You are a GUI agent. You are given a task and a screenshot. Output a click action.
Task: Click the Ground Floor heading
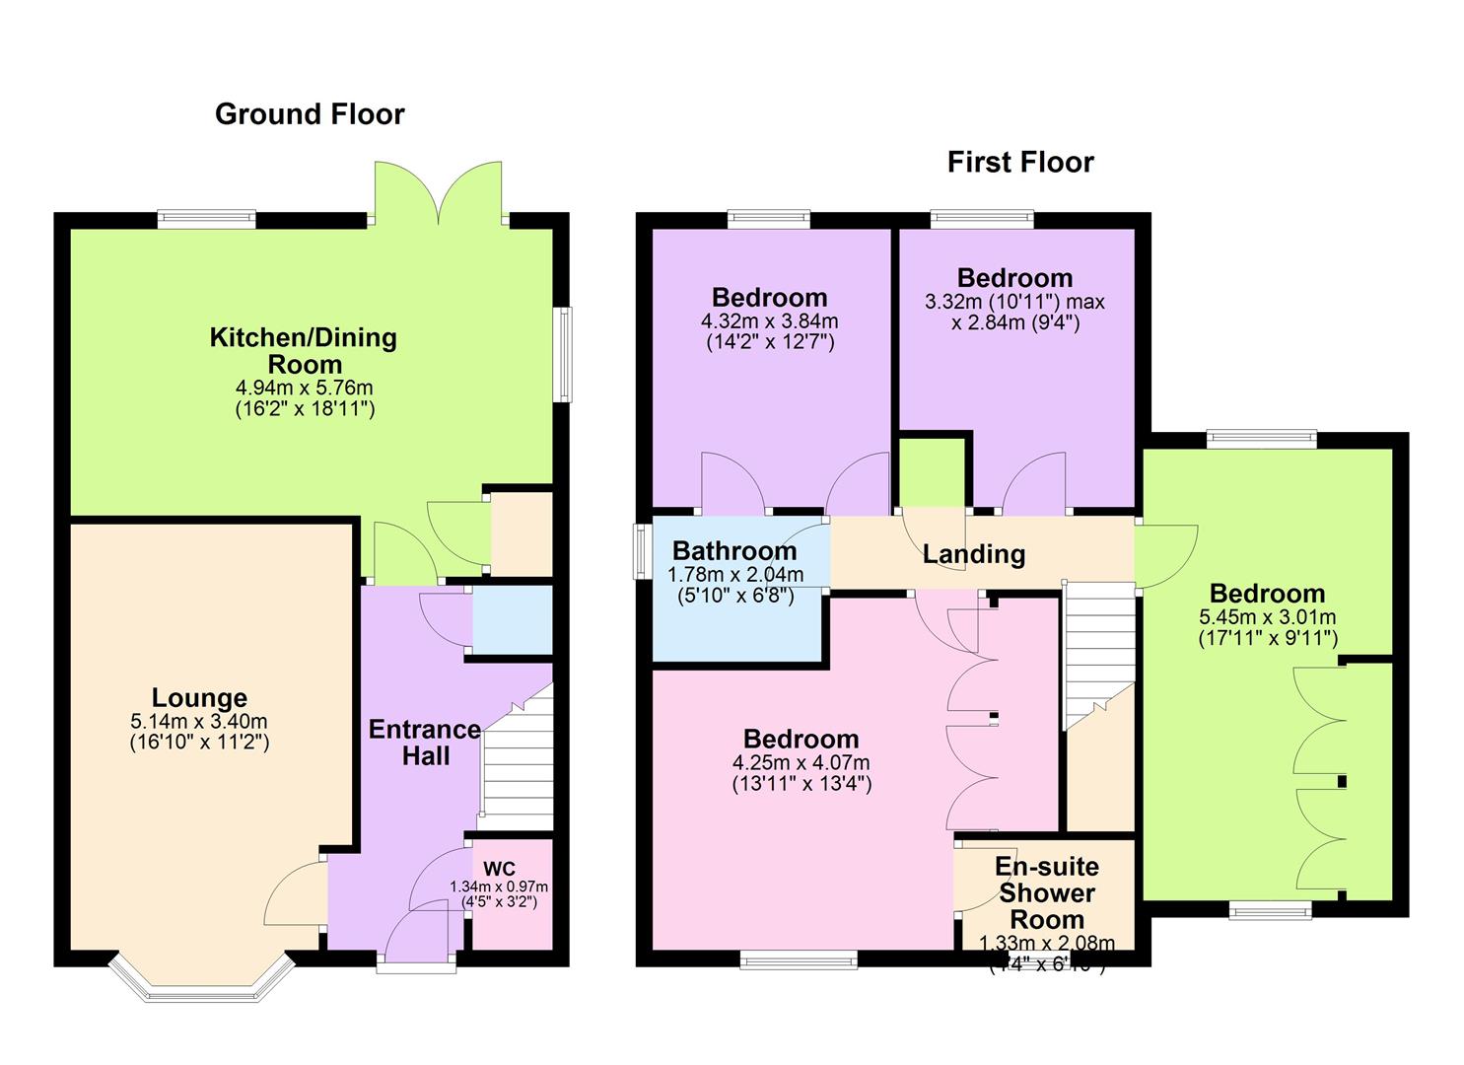[x=310, y=114]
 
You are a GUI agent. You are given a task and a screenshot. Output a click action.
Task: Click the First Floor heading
[x=1020, y=162]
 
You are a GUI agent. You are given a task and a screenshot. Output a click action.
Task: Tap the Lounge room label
[x=199, y=699]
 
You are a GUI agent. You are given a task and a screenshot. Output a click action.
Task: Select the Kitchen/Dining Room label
[x=304, y=350]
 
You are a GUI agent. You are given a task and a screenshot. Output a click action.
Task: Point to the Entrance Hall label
[x=424, y=743]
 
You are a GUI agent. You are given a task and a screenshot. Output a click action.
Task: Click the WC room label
[x=499, y=869]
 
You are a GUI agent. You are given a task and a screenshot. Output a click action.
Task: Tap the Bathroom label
[x=734, y=551]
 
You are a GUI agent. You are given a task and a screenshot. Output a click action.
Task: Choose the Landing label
[x=973, y=554]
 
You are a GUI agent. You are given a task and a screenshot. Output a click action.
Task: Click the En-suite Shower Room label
[x=1046, y=892]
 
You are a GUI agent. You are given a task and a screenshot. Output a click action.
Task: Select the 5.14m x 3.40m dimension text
[x=199, y=723]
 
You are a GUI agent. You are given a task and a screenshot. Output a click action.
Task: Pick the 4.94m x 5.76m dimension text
[x=304, y=388]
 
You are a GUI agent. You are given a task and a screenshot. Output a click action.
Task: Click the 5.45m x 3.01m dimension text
[x=1267, y=617]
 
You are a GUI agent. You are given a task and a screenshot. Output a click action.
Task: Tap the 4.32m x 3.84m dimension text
[x=769, y=321]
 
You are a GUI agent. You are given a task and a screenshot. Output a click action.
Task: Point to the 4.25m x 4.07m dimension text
[x=801, y=763]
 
